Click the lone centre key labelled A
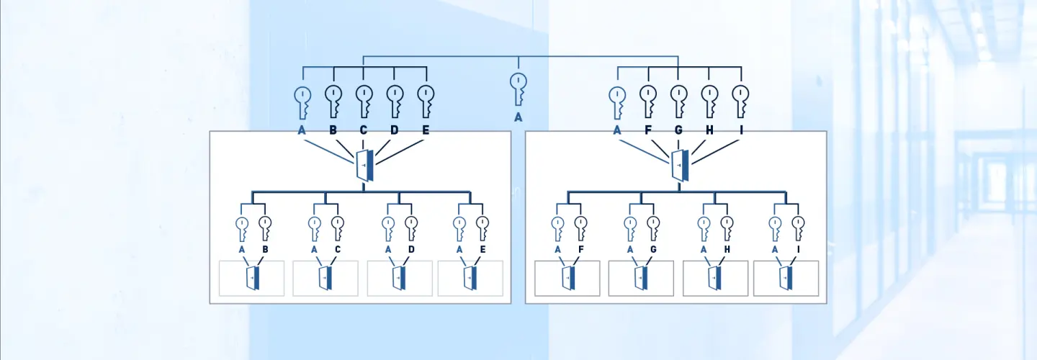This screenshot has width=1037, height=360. [518, 89]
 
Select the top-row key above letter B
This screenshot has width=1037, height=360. [333, 101]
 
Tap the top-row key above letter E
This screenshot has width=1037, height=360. [426, 101]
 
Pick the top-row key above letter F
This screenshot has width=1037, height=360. [648, 101]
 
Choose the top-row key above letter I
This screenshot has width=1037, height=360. [741, 101]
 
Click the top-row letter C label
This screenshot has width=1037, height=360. [364, 130]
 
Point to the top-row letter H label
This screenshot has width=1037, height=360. [709, 130]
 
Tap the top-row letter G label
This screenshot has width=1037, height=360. [678, 130]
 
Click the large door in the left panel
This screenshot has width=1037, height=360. [365, 165]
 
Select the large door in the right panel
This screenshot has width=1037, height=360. [680, 165]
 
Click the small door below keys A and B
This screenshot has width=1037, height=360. [253, 278]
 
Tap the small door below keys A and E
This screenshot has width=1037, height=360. [470, 278]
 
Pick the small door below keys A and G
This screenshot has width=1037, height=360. [641, 278]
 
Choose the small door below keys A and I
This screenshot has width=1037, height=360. [786, 278]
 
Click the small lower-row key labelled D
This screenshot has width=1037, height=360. [411, 228]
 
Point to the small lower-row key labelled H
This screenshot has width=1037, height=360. [727, 228]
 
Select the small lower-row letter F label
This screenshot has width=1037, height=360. [581, 249]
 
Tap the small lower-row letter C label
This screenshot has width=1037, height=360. [338, 249]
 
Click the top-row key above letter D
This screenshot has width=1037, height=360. [395, 101]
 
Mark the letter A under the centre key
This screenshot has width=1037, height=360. [518, 117]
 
